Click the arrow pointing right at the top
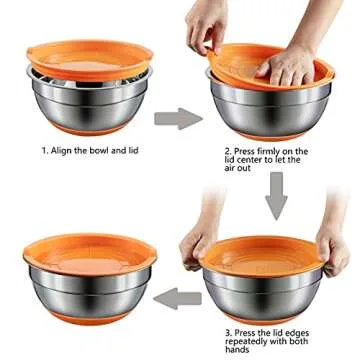click(177, 120)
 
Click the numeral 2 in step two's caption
click(228, 151)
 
